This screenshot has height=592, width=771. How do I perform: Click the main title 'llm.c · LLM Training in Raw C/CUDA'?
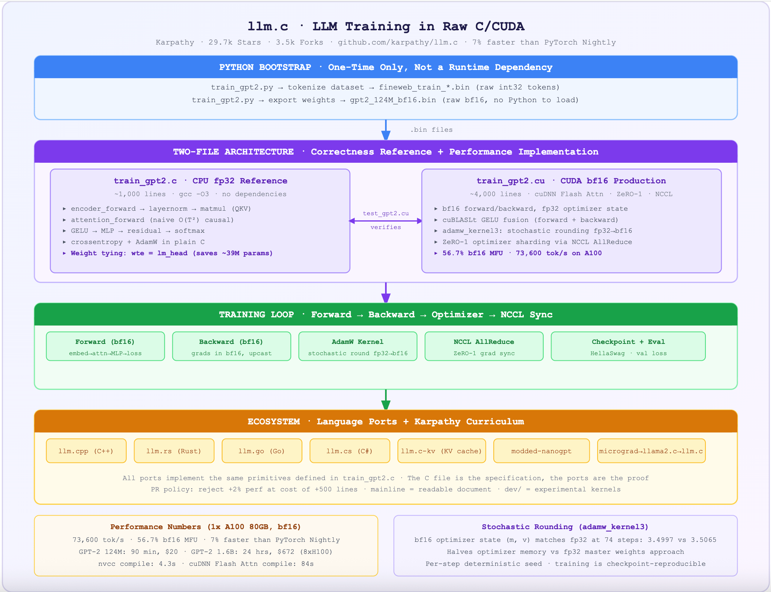click(385, 26)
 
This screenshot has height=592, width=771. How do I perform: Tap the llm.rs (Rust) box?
click(174, 451)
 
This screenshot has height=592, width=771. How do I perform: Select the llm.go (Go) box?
click(261, 451)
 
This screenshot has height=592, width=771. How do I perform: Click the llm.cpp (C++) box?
click(86, 451)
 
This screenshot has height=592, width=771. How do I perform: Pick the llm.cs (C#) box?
click(350, 451)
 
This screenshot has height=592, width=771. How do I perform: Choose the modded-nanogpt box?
click(541, 451)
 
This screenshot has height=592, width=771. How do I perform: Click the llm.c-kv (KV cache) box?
click(441, 451)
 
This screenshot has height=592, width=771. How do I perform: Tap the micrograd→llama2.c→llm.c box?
click(651, 451)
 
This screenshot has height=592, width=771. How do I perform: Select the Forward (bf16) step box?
click(105, 347)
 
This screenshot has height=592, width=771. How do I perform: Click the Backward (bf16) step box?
click(231, 347)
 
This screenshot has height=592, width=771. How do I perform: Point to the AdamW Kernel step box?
click(357, 347)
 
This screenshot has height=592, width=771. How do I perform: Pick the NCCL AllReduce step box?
click(484, 347)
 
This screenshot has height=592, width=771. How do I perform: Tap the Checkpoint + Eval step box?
click(628, 347)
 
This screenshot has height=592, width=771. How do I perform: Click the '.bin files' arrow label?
click(432, 130)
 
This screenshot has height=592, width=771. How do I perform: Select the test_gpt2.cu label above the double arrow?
click(385, 213)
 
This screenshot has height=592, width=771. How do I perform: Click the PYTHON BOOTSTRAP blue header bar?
click(385, 67)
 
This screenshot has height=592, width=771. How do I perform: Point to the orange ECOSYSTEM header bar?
click(385, 421)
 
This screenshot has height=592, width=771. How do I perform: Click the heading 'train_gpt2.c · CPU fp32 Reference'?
click(200, 181)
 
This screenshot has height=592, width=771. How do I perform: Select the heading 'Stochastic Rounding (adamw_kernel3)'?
click(565, 527)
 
